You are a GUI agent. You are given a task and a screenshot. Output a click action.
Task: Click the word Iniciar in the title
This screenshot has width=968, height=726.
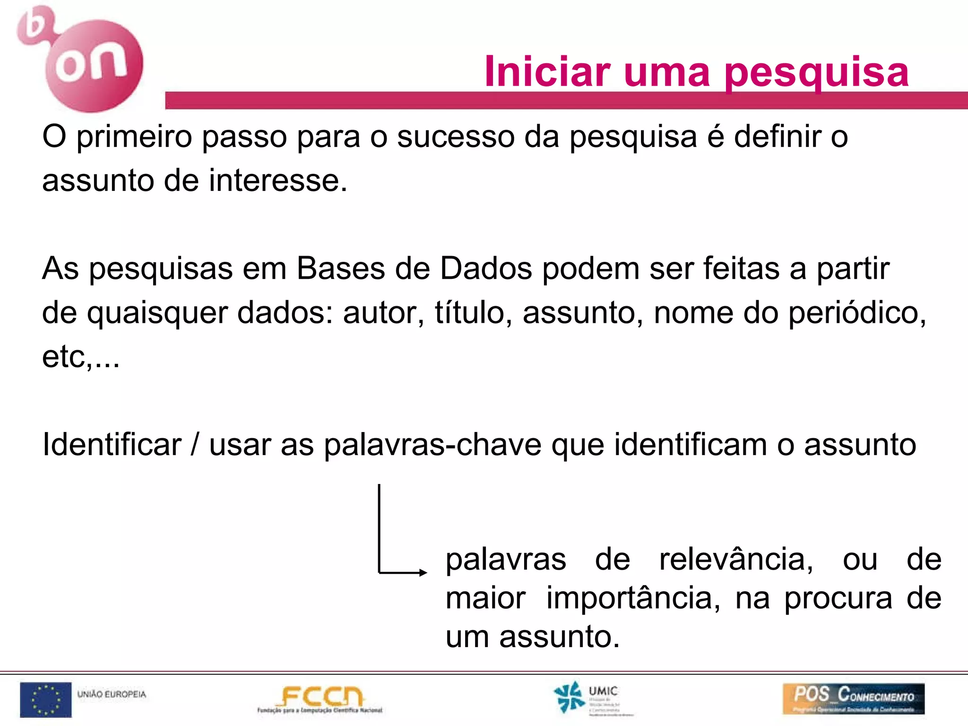[x=547, y=72]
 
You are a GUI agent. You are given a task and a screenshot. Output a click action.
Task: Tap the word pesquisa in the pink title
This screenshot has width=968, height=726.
[x=816, y=73]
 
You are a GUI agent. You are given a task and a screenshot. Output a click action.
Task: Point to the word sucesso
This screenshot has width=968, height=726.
[x=455, y=137]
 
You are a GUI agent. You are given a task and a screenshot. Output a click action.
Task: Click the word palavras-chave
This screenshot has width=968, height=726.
[x=432, y=445]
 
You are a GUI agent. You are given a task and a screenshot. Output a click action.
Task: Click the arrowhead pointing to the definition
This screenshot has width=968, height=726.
[x=423, y=572]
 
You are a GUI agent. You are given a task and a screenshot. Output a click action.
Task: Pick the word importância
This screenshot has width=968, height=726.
[x=633, y=598]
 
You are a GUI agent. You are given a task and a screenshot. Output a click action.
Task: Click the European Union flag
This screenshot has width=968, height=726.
[x=45, y=700]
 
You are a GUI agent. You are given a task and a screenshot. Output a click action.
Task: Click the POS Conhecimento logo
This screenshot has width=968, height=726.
[x=853, y=698]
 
